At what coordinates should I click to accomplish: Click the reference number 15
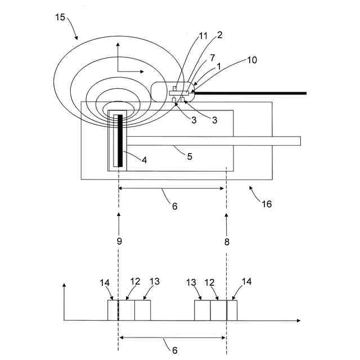(x=60, y=18)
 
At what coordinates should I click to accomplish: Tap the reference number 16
(x=266, y=204)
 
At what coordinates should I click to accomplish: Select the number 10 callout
(x=251, y=60)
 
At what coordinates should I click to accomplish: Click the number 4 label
(x=145, y=160)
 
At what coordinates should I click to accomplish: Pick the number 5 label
(x=190, y=156)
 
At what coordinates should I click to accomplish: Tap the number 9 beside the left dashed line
(x=119, y=241)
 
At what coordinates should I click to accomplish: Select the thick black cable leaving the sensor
(x=253, y=92)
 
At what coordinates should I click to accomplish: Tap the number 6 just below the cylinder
(x=174, y=206)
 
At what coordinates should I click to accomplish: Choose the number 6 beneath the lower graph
(x=174, y=350)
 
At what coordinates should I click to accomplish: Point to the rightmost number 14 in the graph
(x=247, y=283)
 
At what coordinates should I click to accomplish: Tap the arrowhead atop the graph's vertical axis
(x=65, y=286)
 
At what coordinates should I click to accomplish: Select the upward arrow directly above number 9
(x=119, y=217)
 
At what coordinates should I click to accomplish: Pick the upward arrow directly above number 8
(x=226, y=217)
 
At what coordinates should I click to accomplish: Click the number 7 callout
(x=211, y=57)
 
